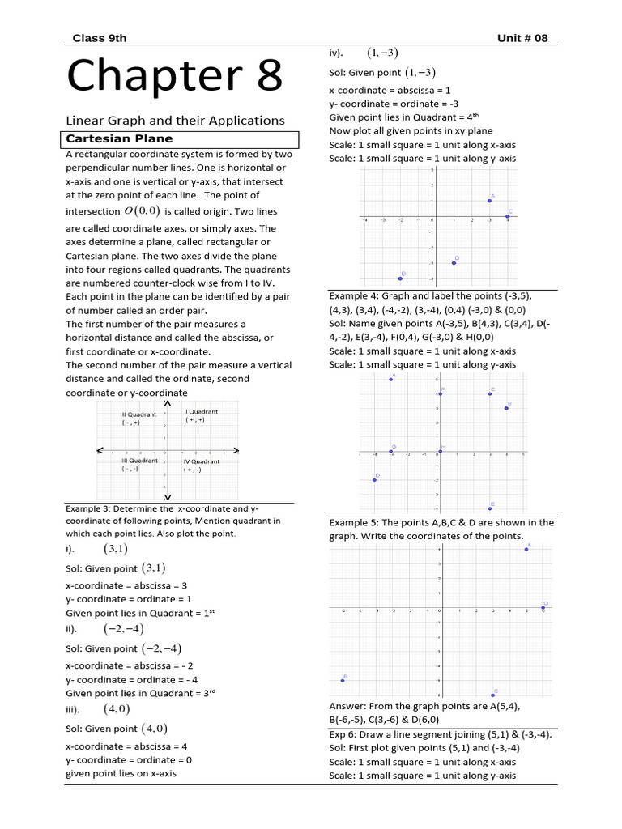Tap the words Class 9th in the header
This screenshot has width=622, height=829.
pos(100,38)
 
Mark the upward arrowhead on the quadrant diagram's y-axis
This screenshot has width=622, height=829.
pos(167,403)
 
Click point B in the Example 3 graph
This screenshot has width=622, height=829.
pos(400,278)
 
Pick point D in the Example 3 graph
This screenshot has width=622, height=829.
pos(454,262)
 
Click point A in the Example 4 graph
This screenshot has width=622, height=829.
pos(391,380)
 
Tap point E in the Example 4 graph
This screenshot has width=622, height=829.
pos(490,508)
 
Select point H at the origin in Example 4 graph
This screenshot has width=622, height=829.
pos(440,451)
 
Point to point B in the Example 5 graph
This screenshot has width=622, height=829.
pos(343,681)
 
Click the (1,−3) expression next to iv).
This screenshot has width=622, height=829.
pos(382,53)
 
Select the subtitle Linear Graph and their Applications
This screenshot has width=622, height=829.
pos(175,120)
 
